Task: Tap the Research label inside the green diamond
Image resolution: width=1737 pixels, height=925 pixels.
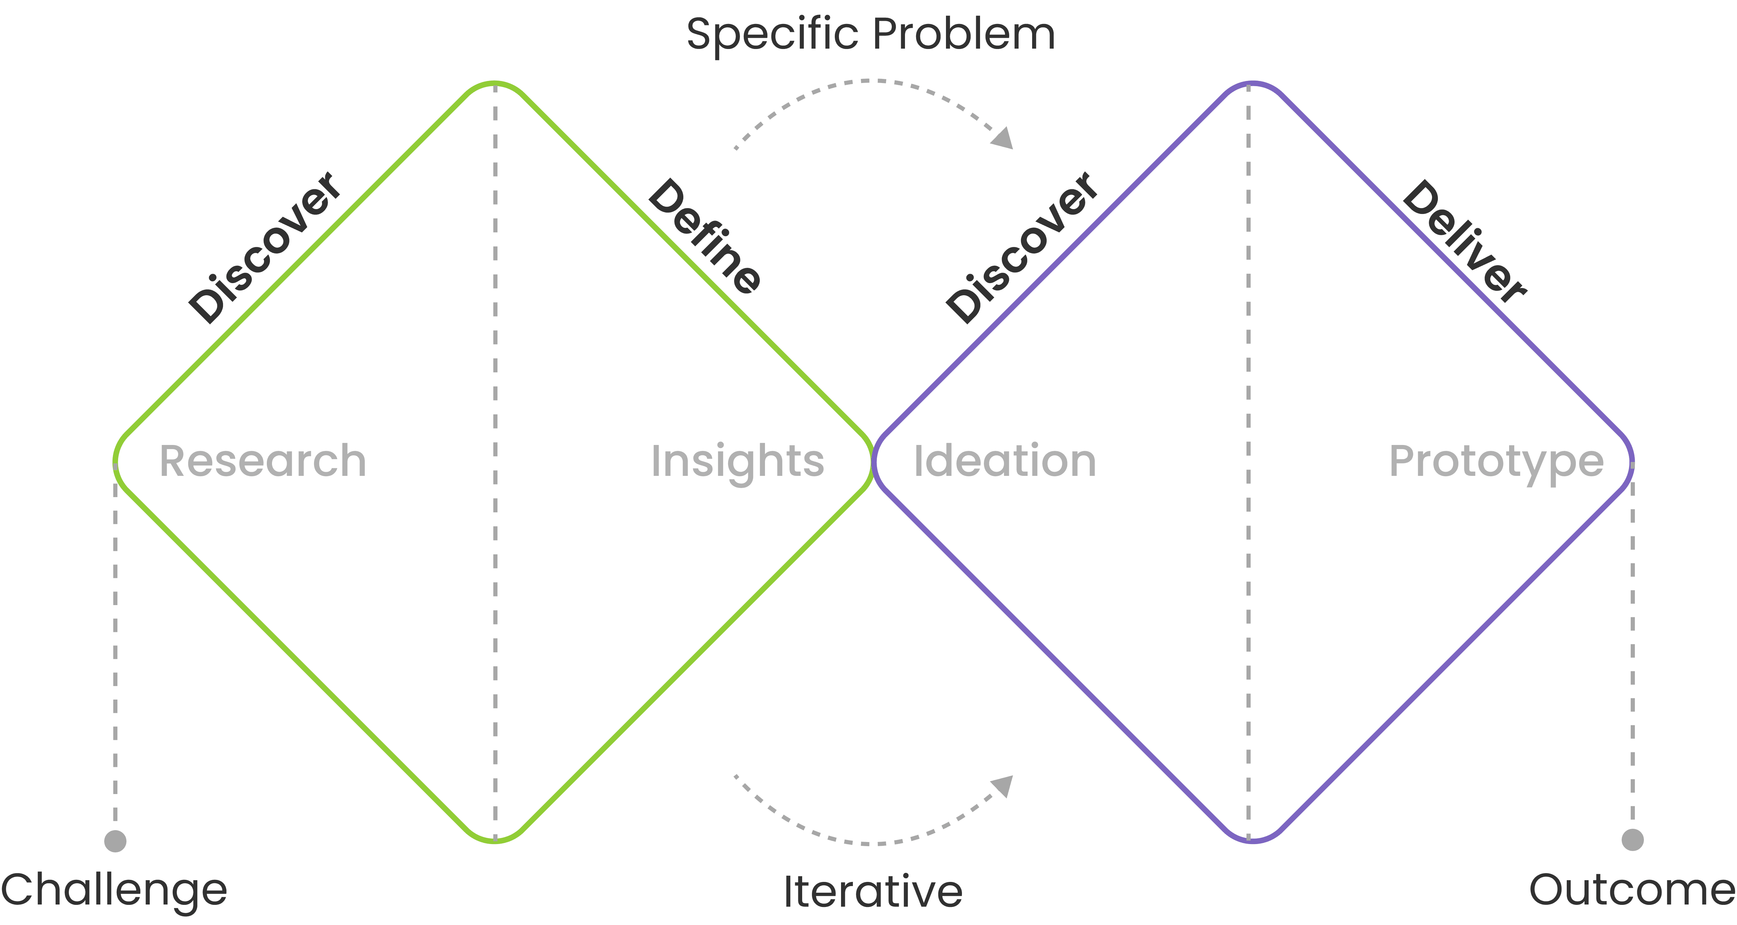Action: (262, 462)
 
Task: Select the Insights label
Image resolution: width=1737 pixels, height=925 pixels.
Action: (737, 462)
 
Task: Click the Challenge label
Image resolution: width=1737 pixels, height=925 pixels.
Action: (114, 890)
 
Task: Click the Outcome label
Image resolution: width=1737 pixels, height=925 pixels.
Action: (1632, 890)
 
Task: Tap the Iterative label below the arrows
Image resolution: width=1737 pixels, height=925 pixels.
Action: (873, 891)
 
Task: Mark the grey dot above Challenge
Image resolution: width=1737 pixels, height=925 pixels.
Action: (115, 841)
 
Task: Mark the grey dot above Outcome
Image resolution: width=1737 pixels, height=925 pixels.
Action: (1632, 839)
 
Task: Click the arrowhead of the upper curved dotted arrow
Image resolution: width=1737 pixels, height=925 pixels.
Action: (1003, 138)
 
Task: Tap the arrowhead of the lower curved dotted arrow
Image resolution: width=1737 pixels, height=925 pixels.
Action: (1003, 785)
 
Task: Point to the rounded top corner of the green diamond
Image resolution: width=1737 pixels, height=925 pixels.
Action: (495, 84)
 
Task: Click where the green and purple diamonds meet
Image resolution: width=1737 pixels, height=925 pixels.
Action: (873, 462)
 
